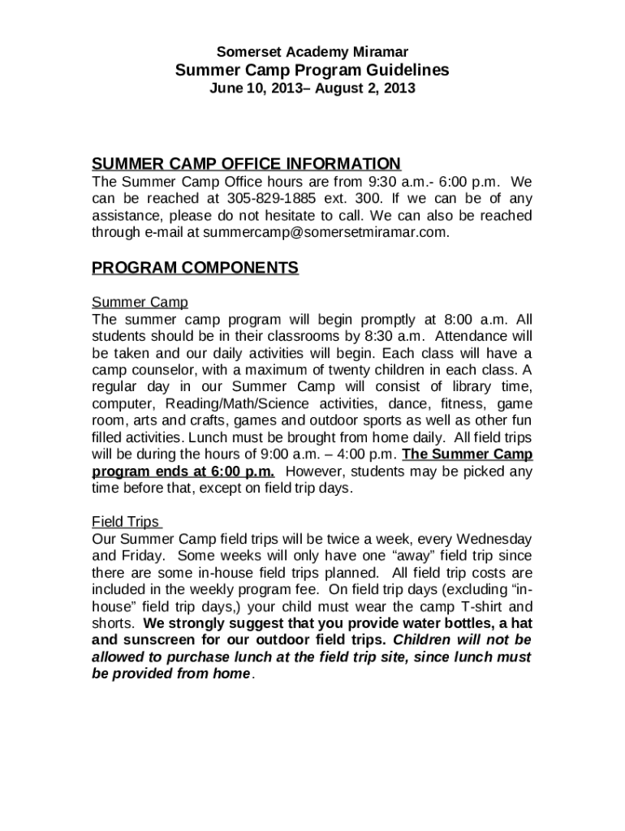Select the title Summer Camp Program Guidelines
click(x=312, y=71)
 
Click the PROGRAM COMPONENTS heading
click(x=195, y=268)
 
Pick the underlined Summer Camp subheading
click(x=140, y=302)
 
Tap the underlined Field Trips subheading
click(x=127, y=522)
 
